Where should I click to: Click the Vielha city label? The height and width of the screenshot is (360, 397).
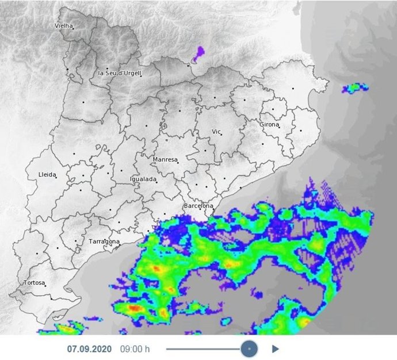(63, 26)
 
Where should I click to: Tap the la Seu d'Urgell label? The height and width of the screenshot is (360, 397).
(120, 73)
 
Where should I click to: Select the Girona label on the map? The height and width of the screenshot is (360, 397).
(269, 124)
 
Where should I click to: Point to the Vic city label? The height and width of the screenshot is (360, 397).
(216, 132)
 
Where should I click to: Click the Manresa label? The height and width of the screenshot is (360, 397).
(165, 159)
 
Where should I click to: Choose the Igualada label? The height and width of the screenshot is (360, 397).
(143, 179)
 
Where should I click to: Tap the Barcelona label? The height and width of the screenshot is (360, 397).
(199, 206)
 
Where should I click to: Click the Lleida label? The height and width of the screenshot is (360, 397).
(47, 174)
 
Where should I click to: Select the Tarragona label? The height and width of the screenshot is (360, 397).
(104, 242)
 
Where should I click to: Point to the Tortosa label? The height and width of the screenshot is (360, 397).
(33, 283)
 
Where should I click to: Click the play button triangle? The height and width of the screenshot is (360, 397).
(275, 348)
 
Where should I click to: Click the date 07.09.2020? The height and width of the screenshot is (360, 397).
(89, 348)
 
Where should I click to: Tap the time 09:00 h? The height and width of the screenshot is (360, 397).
(135, 348)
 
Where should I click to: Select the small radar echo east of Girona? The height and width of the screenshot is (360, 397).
(355, 88)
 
